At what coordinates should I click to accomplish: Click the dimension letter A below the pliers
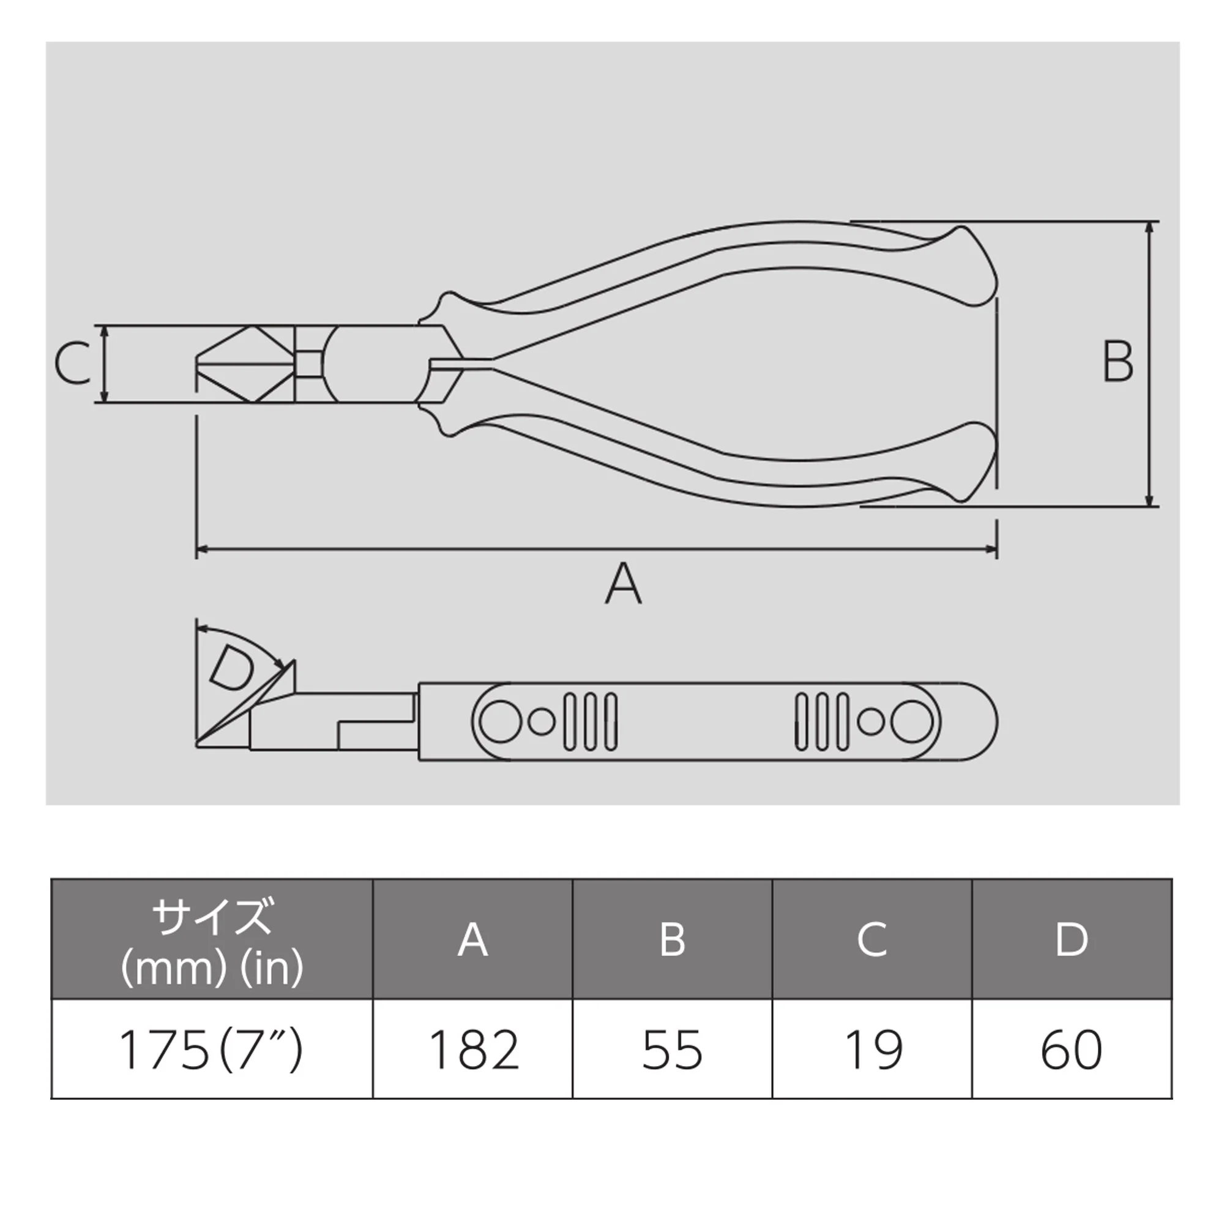coord(624,583)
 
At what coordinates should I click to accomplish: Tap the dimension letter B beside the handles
coord(1118,362)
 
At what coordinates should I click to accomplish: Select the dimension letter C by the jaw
coord(72,364)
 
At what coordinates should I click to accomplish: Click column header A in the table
coord(472,939)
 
